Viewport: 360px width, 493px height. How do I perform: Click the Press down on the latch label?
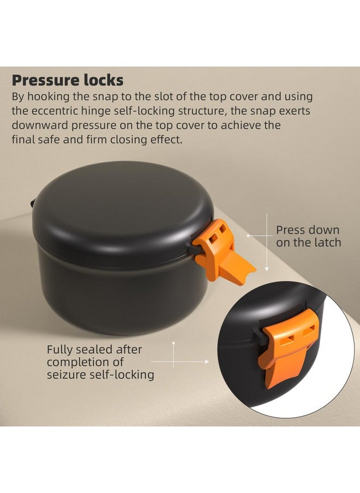[x=308, y=236]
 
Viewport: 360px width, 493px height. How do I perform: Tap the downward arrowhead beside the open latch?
[x=267, y=268]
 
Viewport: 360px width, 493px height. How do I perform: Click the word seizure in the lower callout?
[x=67, y=375]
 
